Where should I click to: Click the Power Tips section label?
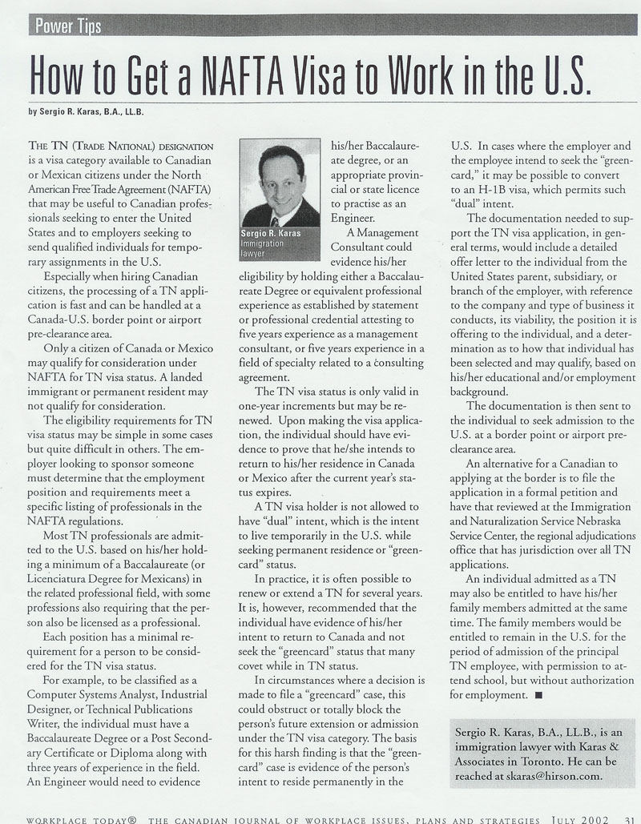(x=69, y=26)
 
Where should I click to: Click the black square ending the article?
(x=538, y=693)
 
